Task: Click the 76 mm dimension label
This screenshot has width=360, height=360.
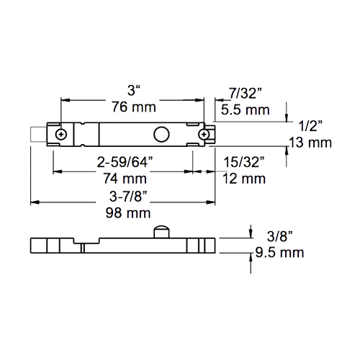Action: (x=134, y=107)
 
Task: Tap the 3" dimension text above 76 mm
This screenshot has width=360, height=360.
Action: (x=134, y=91)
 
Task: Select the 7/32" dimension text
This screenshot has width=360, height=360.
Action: (x=246, y=93)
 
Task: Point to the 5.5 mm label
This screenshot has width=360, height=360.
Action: (x=246, y=110)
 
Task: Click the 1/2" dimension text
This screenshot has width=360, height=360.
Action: (x=310, y=126)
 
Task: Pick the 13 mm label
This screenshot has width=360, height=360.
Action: (x=310, y=143)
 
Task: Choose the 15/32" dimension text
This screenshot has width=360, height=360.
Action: (x=244, y=162)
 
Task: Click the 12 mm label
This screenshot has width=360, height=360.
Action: (x=244, y=179)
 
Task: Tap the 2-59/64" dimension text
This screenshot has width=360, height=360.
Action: (x=125, y=162)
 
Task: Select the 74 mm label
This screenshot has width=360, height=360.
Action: (x=125, y=179)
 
